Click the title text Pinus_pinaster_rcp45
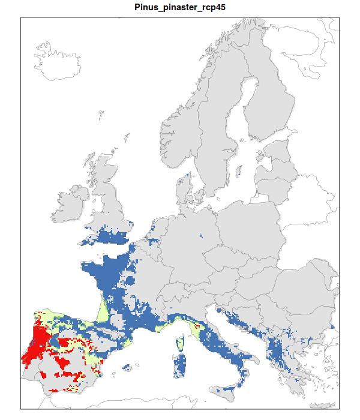pos(180,7)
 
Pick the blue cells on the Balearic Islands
pos(127,367)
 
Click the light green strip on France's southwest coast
pos(103,311)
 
